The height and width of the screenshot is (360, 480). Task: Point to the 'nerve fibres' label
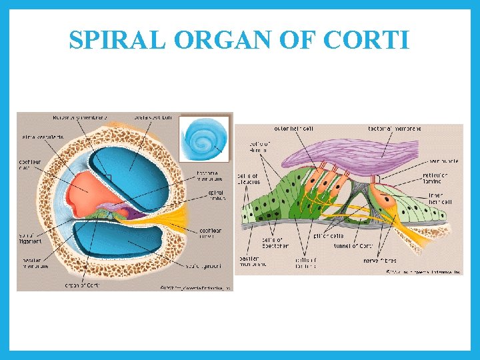(401, 261)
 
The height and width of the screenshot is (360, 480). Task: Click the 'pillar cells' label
(329, 236)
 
